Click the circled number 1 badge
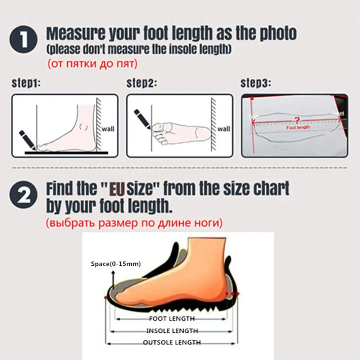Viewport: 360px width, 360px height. [x=24, y=40]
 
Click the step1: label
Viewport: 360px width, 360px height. [x=26, y=84]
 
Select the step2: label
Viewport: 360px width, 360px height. [x=141, y=84]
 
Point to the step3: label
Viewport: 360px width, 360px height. [x=256, y=84]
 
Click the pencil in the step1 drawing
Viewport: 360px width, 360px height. [x=27, y=140]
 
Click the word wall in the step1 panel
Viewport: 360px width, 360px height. [x=108, y=129]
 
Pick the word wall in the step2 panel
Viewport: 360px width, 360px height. [x=224, y=129]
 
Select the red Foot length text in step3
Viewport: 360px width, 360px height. [x=298, y=127]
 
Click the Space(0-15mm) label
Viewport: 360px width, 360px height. [x=116, y=264]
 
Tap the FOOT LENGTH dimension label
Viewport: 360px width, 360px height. [x=172, y=318]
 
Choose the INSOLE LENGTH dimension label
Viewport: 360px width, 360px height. [x=172, y=330]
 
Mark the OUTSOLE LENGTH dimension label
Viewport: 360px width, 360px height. [x=172, y=342]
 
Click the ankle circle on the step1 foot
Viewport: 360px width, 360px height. [x=84, y=127]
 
